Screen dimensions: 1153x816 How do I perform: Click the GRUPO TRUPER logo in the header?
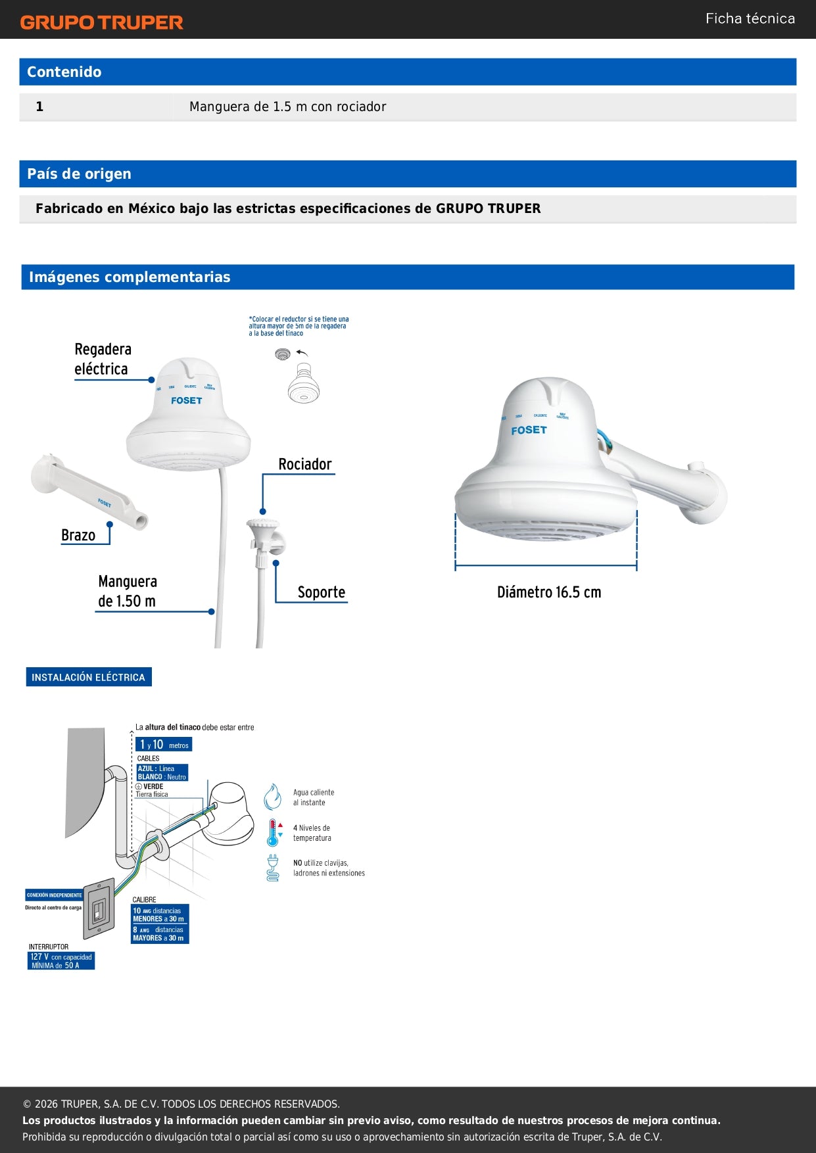pos(101,22)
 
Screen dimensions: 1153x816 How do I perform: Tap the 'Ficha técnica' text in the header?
pos(750,18)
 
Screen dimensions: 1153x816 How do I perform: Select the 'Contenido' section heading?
pos(64,72)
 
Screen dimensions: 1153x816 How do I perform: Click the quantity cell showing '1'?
pos(40,106)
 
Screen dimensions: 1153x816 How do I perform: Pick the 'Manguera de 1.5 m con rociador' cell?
pos(287,106)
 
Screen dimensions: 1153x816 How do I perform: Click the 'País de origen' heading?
pos(79,174)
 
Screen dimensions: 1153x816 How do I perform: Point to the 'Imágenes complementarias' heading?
pos(130,277)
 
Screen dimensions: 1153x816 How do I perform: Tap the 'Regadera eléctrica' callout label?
pos(103,359)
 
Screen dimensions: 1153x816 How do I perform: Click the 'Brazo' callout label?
pos(78,535)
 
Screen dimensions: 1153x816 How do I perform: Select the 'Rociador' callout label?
pos(305,464)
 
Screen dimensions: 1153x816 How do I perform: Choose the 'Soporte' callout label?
pos(321,592)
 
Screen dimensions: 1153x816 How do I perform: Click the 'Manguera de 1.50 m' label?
pos(127,591)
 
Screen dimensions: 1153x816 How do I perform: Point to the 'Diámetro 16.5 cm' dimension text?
pos(549,592)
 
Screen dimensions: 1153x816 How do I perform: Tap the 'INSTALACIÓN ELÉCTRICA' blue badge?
pos(89,677)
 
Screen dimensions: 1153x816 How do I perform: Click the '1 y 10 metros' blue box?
pos(164,744)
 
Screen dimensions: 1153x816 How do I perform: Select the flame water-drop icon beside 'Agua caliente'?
pos(272,797)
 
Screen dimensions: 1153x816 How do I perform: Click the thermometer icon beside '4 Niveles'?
pos(273,833)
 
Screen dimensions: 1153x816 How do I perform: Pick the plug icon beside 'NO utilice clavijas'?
pos(273,867)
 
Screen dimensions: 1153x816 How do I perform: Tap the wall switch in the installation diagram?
pos(99,908)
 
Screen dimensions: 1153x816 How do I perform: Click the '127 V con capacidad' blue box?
pos(61,961)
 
